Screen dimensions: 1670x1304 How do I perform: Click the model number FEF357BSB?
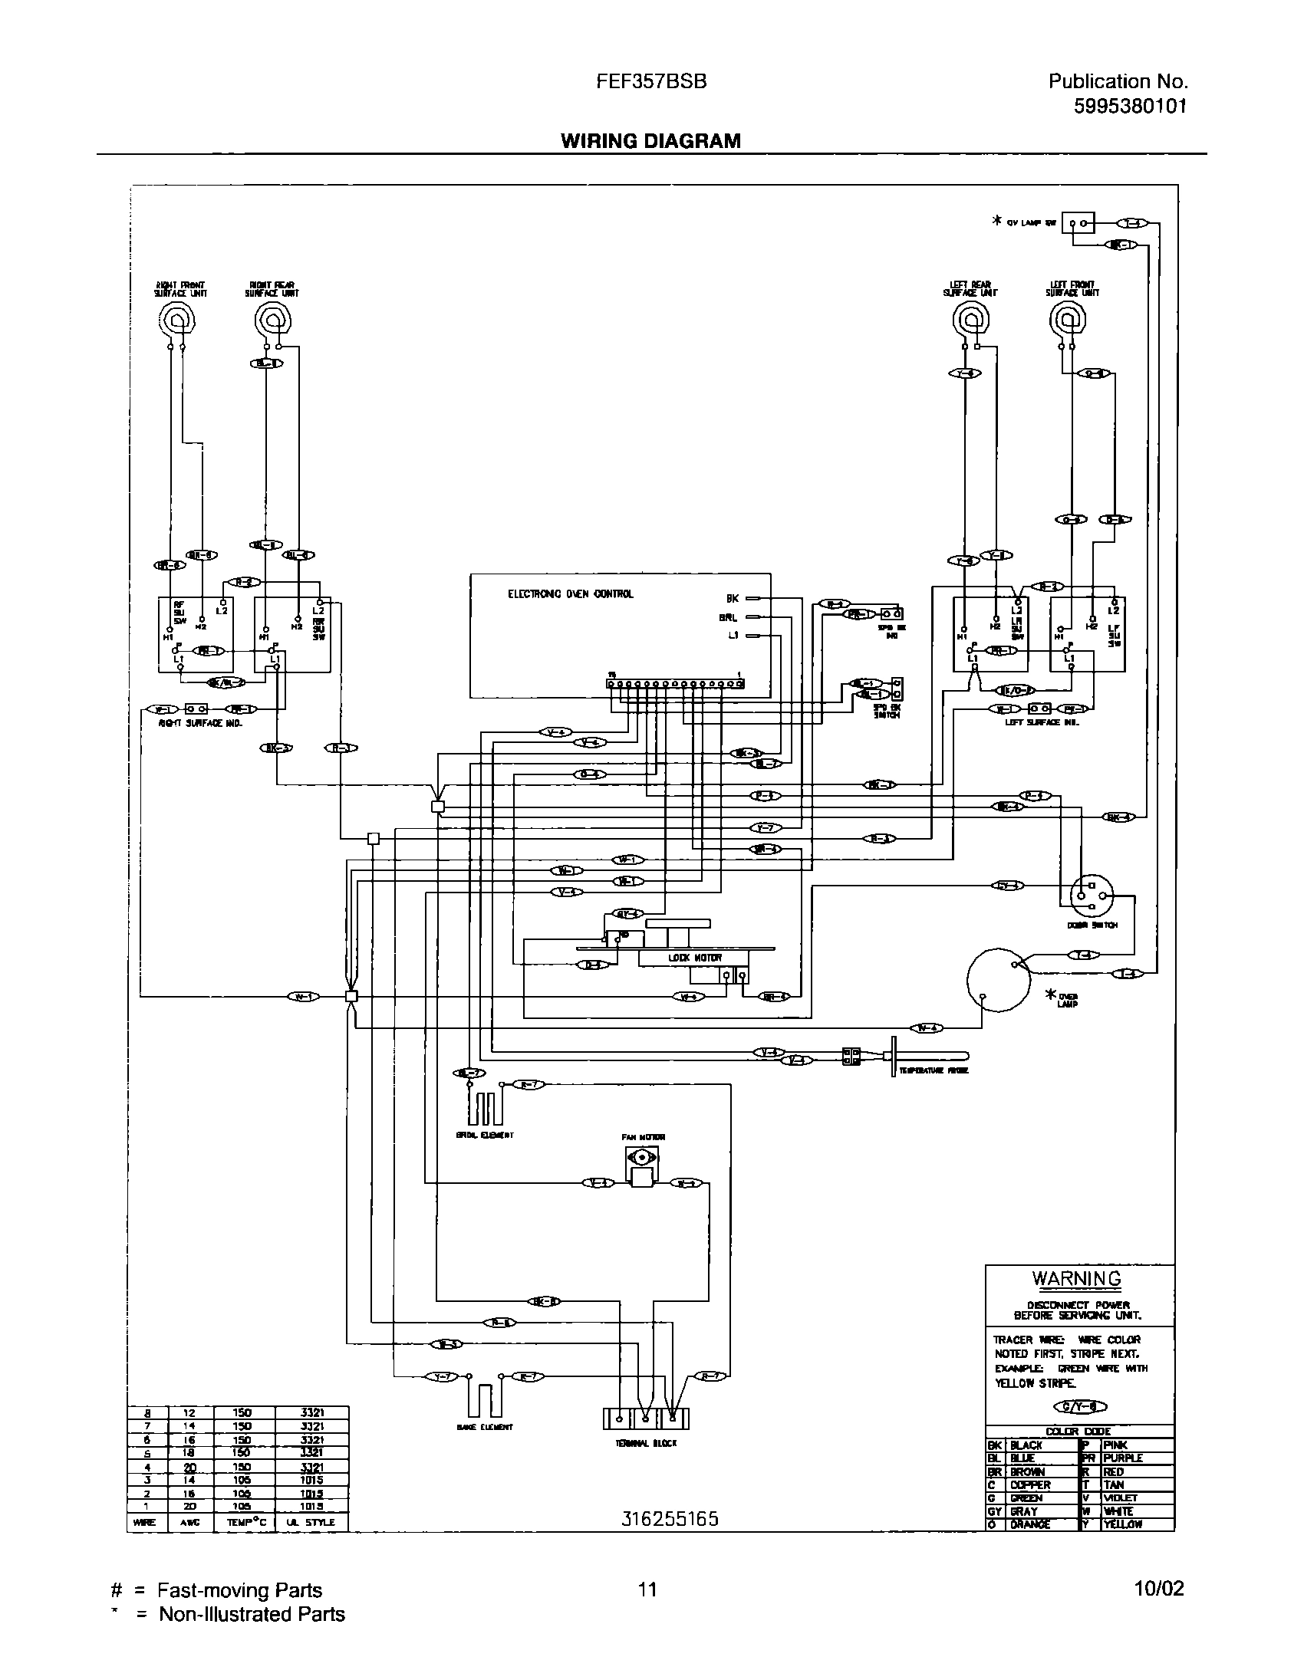[651, 82]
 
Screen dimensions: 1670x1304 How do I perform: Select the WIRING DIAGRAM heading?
[650, 141]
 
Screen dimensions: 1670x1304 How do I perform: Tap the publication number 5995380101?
[1130, 107]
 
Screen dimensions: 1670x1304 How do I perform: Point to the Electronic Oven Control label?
[571, 594]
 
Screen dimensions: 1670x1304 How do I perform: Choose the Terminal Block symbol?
[646, 1419]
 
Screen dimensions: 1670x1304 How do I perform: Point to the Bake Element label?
[484, 1428]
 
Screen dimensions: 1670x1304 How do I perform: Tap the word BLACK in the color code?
[1026, 1445]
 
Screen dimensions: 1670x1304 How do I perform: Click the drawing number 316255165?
[670, 1519]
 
